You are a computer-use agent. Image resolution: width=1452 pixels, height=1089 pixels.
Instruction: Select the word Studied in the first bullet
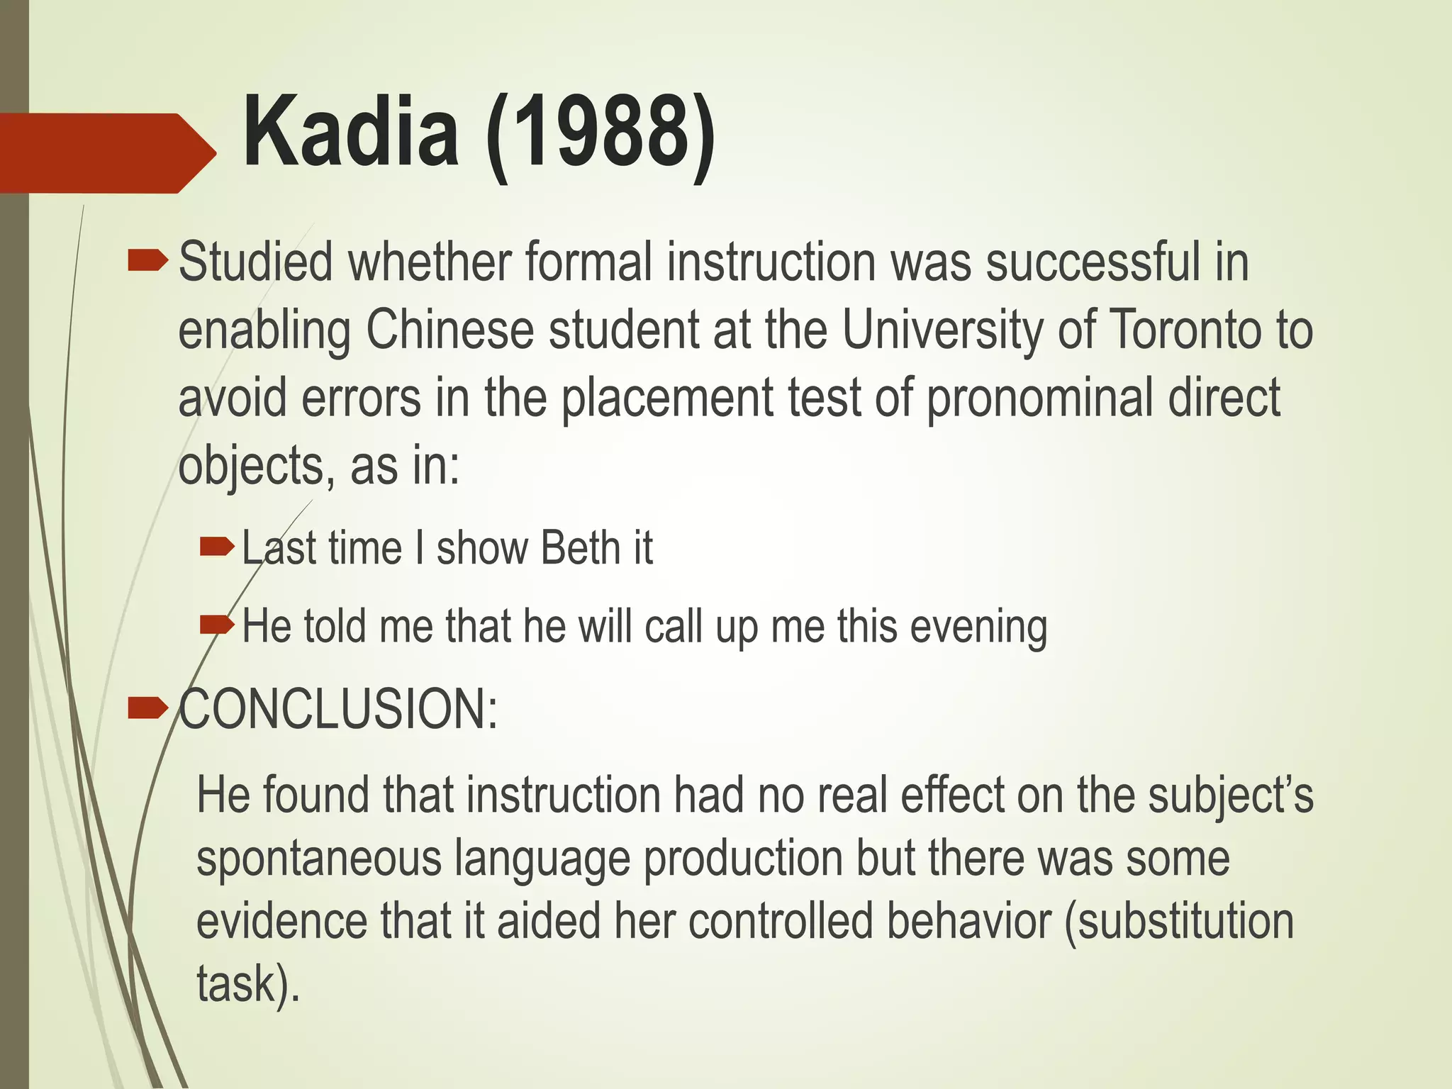point(255,262)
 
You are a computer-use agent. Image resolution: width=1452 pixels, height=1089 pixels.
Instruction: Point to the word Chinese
point(449,330)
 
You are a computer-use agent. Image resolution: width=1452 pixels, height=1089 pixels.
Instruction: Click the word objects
point(251,467)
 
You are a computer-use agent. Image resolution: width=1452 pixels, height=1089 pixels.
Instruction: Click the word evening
point(978,627)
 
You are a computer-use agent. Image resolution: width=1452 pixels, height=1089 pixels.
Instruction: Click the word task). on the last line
point(248,984)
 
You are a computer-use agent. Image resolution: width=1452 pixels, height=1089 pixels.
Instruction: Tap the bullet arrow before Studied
point(147,262)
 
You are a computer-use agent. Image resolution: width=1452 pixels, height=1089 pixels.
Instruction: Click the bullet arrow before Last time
point(217,547)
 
